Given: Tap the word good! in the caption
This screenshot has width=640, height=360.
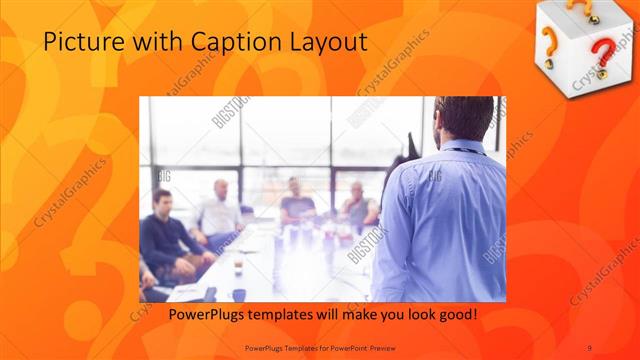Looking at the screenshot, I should (x=457, y=315).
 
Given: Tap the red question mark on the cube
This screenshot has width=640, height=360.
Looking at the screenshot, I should (x=600, y=55).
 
